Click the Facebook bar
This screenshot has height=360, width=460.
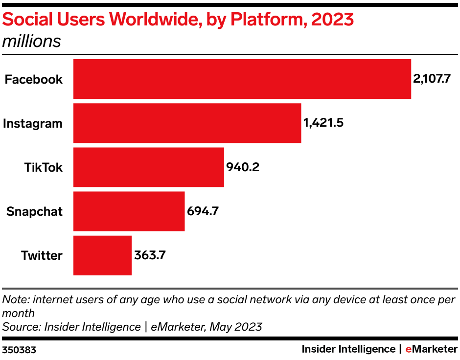[x=242, y=79]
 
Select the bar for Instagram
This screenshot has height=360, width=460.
[x=187, y=123]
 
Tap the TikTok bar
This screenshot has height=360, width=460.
[x=148, y=167]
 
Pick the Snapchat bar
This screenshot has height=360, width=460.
[x=129, y=211]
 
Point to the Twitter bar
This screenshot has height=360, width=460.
[x=102, y=255]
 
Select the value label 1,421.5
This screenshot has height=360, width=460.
[x=323, y=123]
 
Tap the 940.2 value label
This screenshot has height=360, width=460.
[x=242, y=167]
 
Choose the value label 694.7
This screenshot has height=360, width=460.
[x=203, y=211]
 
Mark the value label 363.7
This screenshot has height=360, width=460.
[x=150, y=255]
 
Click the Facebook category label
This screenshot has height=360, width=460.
[x=33, y=79]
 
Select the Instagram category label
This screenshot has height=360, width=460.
[x=33, y=123]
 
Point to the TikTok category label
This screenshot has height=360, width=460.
[x=44, y=167]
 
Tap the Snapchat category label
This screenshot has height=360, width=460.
[x=34, y=211]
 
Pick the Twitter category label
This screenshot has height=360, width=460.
[x=42, y=255]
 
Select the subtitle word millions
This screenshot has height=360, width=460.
[x=32, y=41]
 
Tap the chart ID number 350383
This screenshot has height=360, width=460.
[x=19, y=350]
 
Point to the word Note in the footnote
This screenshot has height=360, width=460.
[x=13, y=299]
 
